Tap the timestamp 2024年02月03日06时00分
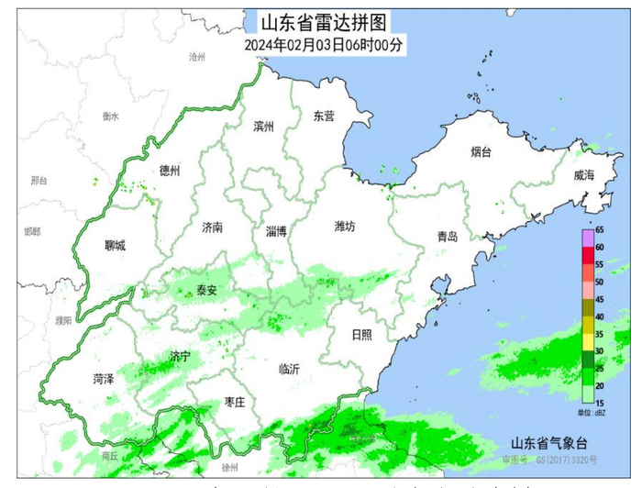click(x=324, y=43)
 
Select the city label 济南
click(x=212, y=227)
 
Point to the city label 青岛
click(x=447, y=237)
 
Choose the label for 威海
click(x=584, y=175)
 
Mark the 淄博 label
click(x=276, y=231)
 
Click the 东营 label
click(x=324, y=116)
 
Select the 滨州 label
click(x=263, y=127)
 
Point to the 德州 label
click(x=170, y=171)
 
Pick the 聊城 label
click(x=115, y=245)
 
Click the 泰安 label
click(x=207, y=290)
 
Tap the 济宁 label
click(x=180, y=355)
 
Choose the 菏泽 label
click(x=103, y=378)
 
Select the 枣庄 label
click(x=235, y=402)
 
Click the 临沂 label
click(x=289, y=369)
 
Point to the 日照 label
click(x=362, y=335)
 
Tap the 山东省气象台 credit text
click(x=549, y=442)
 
